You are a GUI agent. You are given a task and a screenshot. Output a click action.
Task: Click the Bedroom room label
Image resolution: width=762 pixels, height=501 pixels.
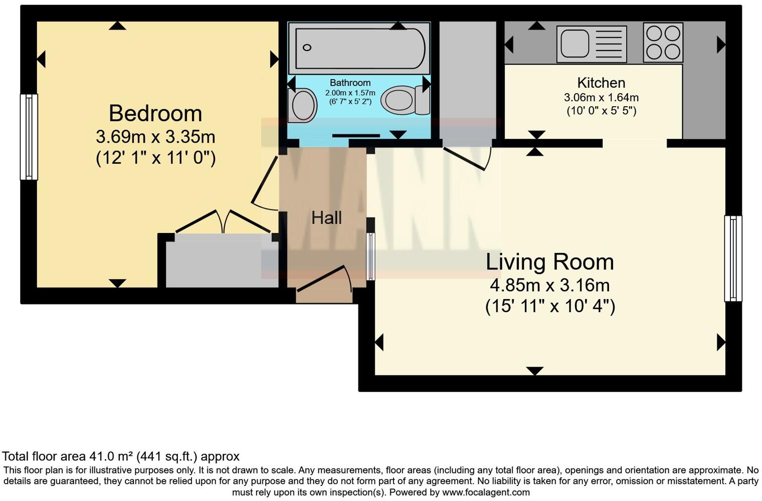[x=155, y=113]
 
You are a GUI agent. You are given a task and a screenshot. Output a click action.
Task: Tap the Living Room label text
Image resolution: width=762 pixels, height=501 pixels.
[x=549, y=262]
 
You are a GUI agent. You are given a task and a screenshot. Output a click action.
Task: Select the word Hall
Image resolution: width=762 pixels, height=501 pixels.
[x=326, y=217]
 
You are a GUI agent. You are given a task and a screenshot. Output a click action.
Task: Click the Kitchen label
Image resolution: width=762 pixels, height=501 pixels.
[x=601, y=83]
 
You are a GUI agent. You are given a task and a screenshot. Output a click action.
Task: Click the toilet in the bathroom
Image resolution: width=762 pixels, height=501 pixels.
[x=404, y=100]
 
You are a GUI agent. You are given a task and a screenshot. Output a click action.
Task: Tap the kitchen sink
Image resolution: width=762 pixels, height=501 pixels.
[x=591, y=44]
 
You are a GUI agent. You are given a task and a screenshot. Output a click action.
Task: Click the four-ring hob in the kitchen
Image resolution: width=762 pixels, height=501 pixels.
[x=663, y=43]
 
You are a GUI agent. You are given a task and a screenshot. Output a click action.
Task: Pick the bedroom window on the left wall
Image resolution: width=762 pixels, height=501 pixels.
[x=29, y=137]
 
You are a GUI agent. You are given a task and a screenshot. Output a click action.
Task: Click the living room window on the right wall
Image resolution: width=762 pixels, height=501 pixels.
[x=733, y=258]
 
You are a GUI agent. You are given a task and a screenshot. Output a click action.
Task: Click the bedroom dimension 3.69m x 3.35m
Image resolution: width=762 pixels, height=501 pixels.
[x=155, y=136]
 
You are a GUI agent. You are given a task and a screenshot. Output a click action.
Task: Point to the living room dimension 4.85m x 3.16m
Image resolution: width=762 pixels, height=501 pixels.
[x=549, y=285]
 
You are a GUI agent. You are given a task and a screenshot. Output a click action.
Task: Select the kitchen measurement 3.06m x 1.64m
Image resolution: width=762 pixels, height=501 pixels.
[x=601, y=98]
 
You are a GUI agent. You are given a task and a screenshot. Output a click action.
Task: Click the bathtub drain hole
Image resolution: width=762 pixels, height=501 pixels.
[x=307, y=48]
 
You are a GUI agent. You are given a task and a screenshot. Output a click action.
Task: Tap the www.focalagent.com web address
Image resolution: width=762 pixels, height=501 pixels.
[x=486, y=492]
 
